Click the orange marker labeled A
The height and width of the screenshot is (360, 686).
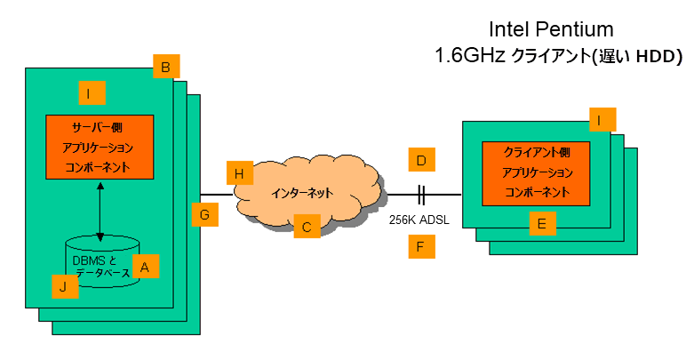pos(147,266)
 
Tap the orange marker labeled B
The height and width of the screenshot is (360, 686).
pos(165,67)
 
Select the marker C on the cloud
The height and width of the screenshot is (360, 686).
pos(306,228)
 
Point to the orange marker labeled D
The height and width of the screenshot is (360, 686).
pos(422,161)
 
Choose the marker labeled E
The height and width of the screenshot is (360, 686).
pos(541,225)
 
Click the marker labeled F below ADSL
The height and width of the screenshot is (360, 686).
pos(422,246)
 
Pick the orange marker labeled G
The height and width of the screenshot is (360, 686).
pos(205,214)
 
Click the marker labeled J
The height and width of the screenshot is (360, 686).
pos(63,286)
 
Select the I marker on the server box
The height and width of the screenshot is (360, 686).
pos(91,92)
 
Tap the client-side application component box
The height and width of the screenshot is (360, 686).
pos(537,172)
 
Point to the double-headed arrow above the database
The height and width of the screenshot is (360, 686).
pos(100,212)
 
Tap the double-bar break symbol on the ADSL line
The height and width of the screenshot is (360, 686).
pos(423,195)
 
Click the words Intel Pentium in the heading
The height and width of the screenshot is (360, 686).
pos(558,29)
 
